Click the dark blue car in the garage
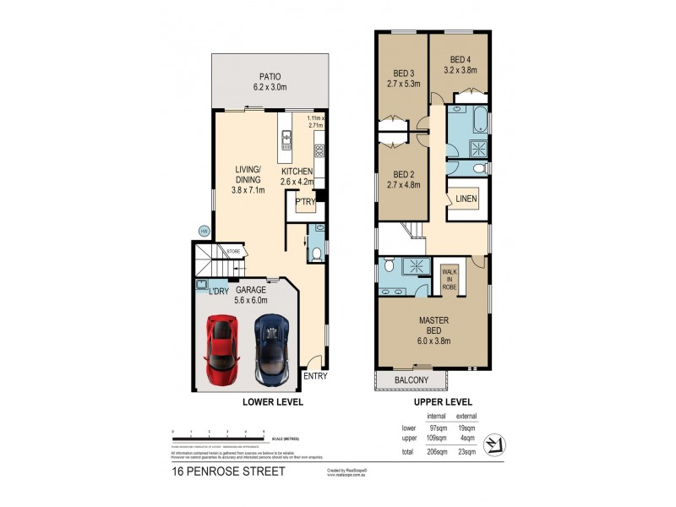click(x=272, y=347)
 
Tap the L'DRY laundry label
click(x=220, y=290)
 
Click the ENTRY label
click(x=314, y=376)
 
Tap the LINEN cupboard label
click(x=466, y=199)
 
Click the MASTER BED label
click(x=433, y=325)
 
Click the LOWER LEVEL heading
click(x=273, y=402)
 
